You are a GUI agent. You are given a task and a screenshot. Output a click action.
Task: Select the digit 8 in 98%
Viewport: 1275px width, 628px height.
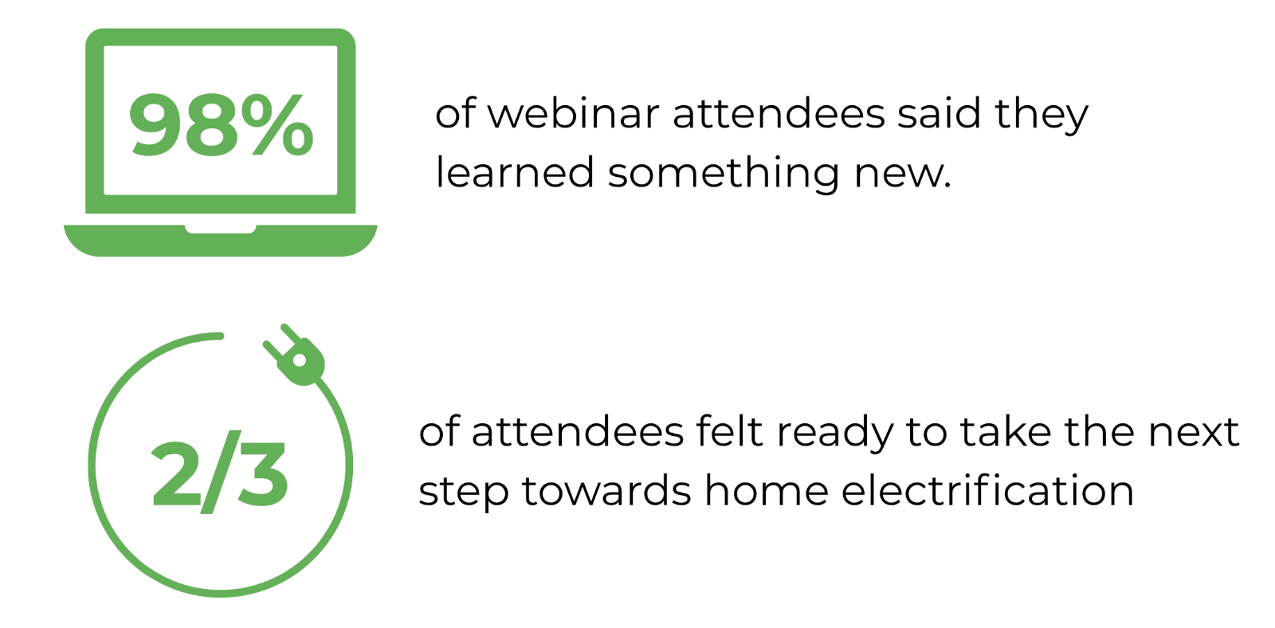(x=212, y=124)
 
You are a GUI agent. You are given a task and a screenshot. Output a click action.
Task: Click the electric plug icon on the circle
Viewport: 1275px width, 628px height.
(x=295, y=355)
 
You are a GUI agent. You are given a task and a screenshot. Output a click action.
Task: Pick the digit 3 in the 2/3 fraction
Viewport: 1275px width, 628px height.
(x=262, y=473)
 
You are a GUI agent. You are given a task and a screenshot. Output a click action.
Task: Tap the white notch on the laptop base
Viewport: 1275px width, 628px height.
(x=220, y=229)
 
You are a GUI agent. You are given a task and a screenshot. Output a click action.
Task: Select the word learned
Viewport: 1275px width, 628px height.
(x=515, y=172)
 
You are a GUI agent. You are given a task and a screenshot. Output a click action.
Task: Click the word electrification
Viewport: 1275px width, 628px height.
(x=988, y=490)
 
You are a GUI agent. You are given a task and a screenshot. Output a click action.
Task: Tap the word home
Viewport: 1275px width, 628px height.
(x=767, y=490)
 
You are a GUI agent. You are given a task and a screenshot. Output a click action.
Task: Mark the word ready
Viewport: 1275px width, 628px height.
(x=835, y=434)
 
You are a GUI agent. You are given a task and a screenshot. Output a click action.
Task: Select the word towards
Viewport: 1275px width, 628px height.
(x=606, y=490)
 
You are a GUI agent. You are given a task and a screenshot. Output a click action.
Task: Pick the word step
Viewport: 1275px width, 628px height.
(x=463, y=493)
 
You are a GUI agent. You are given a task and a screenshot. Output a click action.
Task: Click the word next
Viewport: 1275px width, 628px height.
(x=1194, y=434)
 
